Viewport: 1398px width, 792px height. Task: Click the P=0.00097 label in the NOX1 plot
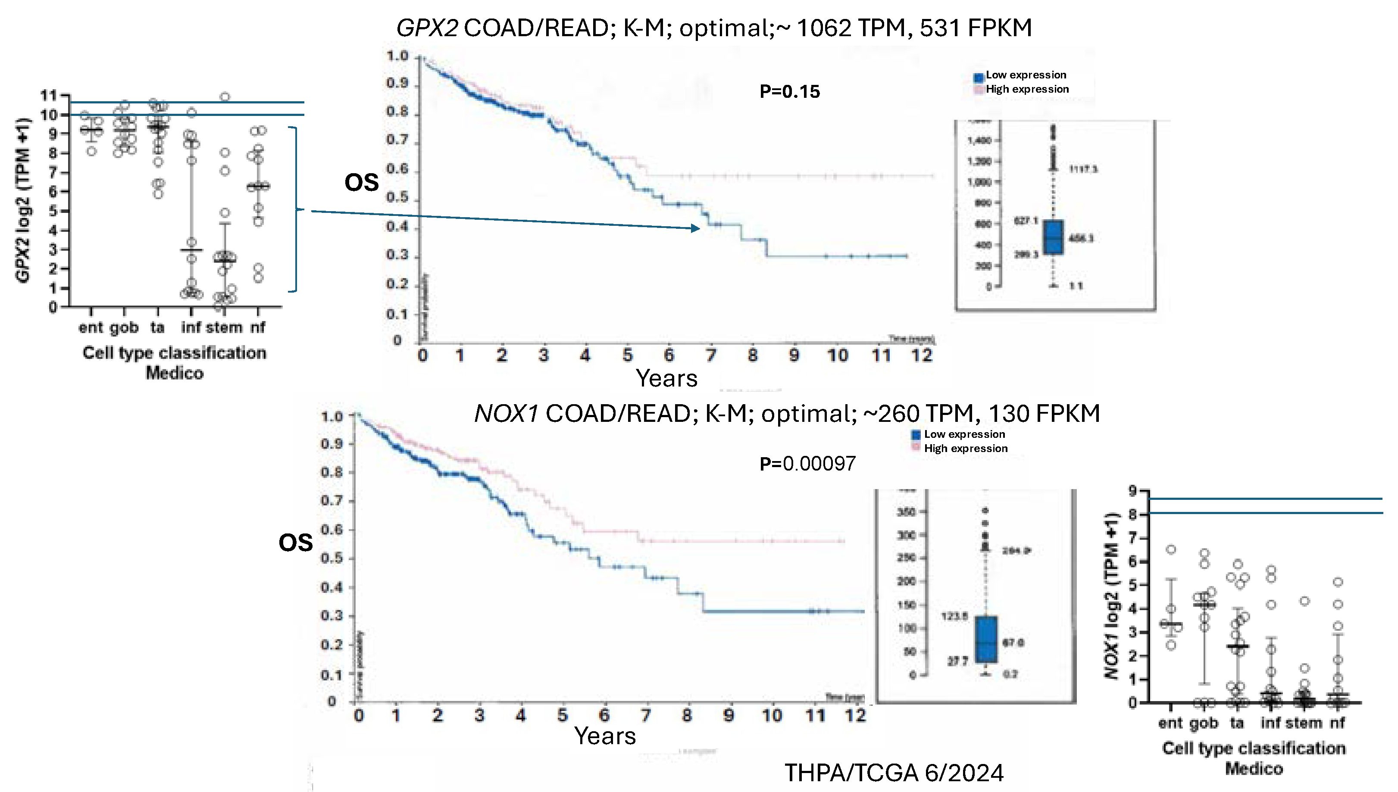coord(807,464)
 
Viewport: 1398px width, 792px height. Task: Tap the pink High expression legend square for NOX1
coord(916,448)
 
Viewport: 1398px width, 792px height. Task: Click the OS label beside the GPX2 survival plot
coord(361,182)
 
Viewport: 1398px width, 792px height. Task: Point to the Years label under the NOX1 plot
coord(605,736)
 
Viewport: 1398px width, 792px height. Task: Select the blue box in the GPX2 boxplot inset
coord(1054,237)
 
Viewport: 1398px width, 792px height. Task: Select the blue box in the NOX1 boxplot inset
coord(986,639)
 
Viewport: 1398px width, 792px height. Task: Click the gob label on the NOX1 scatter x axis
coord(1204,723)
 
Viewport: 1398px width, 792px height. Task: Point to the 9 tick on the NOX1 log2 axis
coord(1132,491)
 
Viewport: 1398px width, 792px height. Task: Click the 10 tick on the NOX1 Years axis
coord(772,715)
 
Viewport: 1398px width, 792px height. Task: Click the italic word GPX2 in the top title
coord(427,28)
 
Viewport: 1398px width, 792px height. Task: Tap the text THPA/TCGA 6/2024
coord(894,773)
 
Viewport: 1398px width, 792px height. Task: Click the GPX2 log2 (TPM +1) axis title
coord(23,200)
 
